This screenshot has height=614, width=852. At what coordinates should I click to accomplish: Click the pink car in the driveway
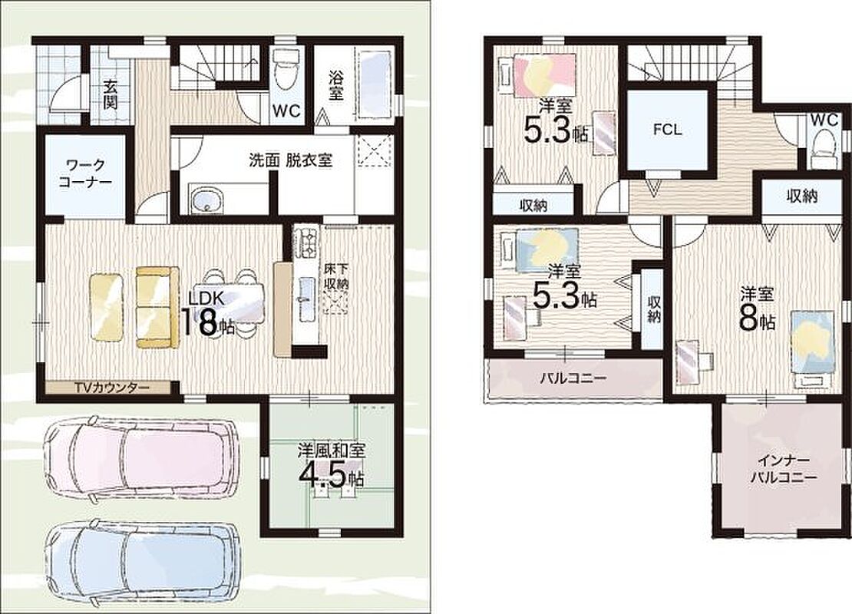[x=141, y=455]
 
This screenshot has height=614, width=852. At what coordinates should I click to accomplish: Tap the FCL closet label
[x=667, y=130]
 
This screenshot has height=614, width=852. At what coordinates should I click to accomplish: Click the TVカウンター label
[x=112, y=388]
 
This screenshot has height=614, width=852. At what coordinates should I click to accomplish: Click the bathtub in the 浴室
[x=373, y=85]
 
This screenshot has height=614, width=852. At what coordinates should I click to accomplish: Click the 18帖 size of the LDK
[x=206, y=322]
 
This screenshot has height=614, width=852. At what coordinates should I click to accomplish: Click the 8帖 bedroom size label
[x=757, y=319]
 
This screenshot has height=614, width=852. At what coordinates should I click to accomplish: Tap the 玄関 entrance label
[x=110, y=94]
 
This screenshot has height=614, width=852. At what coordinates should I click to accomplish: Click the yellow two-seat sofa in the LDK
[x=157, y=306]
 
